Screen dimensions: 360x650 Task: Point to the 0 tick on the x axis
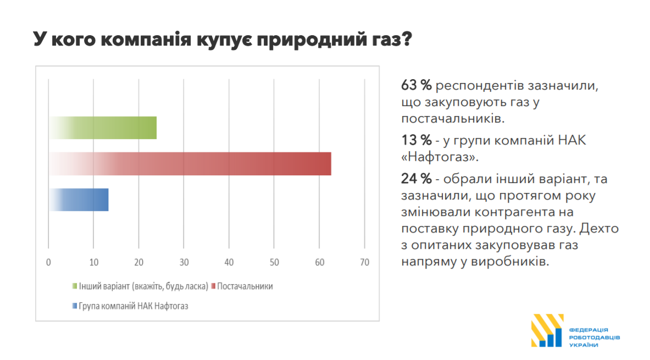[49, 262]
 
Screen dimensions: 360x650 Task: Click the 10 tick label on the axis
[94, 262]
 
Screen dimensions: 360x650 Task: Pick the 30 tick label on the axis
[184, 262]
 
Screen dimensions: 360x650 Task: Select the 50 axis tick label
[274, 262]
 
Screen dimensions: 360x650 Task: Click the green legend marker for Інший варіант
[75, 286]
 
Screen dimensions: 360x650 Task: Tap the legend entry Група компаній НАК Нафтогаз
[133, 306]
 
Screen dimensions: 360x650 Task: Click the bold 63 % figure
[417, 86]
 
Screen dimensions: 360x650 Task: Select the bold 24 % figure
[417, 179]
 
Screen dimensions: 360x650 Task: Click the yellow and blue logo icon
[547, 330]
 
